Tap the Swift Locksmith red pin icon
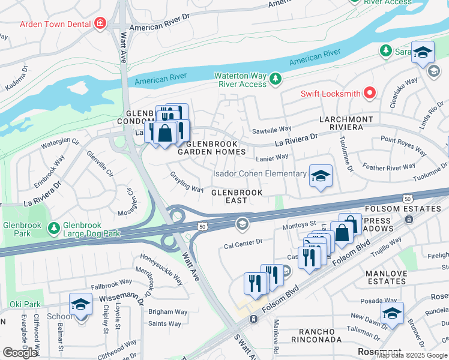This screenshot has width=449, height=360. coord(370,94)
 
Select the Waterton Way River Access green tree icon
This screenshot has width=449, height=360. coord(275,79)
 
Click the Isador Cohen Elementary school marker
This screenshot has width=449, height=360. coord(321,176)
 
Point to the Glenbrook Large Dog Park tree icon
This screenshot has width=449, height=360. coord(53,227)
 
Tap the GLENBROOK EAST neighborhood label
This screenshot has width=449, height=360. coord(237,197)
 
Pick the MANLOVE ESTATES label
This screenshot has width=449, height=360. coord(385,277)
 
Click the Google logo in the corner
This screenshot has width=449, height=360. coord(20,353)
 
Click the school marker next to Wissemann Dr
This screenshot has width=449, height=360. coord(80,304)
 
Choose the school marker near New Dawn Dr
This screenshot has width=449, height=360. coord(392,313)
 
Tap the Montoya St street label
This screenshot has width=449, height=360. coord(300,224)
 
